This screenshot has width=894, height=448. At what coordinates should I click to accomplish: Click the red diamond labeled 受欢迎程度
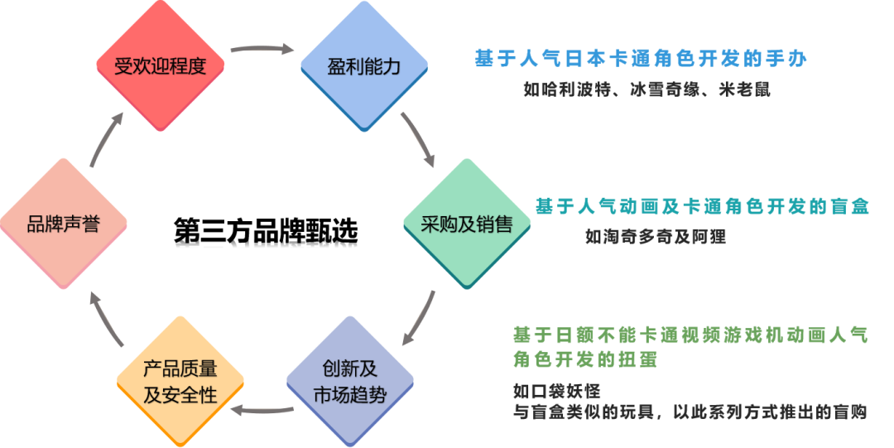(x=160, y=66)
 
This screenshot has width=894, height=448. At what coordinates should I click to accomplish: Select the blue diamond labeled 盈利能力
(x=364, y=66)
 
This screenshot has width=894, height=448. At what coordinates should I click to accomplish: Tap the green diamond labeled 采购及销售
(x=467, y=224)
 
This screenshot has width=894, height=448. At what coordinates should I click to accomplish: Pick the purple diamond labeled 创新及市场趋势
(x=349, y=381)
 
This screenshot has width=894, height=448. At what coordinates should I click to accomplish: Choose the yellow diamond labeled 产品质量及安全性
(x=180, y=381)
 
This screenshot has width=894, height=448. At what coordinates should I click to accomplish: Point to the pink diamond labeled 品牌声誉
(x=64, y=224)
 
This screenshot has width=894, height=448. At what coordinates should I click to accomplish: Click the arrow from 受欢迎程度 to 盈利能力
(x=262, y=50)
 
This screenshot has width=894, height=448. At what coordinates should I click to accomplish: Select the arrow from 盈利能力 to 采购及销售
(x=418, y=138)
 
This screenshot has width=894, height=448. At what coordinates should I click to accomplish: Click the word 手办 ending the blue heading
(x=786, y=59)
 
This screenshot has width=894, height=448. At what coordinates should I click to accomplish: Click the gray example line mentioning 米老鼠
(x=646, y=89)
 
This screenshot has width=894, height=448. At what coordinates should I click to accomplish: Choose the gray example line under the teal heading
(x=656, y=237)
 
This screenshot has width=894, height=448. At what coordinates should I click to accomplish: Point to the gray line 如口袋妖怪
(x=556, y=391)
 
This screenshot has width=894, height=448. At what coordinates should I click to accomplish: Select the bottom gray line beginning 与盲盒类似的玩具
(x=690, y=412)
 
